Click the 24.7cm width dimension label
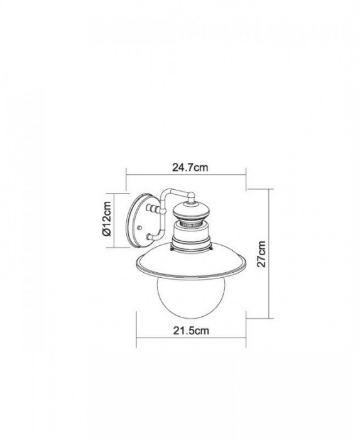coord(190,168)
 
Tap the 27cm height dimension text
coord(262,254)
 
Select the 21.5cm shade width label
coord(191,331)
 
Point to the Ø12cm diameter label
coord(107,219)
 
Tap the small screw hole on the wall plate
coord(139,228)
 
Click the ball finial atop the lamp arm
coord(191,194)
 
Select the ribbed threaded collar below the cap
coord(192,224)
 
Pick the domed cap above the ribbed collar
coord(192,211)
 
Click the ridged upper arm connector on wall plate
coord(153,209)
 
